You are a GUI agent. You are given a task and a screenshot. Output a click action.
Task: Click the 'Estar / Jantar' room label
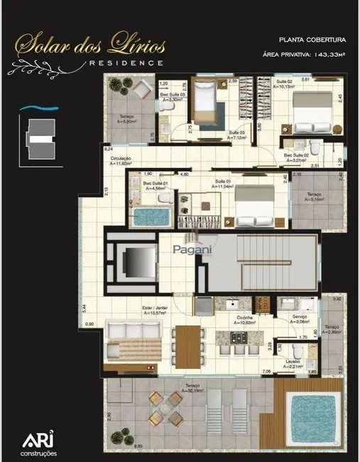pyautogui.click(x=133, y=308)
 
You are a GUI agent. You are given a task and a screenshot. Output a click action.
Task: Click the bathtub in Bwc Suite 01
pyautogui.click(x=149, y=216)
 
